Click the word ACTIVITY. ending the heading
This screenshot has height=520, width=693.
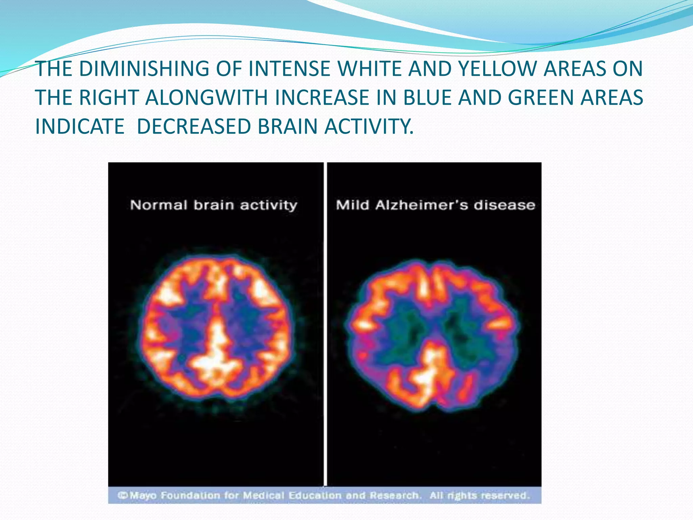(369, 126)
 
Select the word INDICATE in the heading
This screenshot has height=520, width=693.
(80, 126)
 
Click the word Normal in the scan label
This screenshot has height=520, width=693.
(158, 205)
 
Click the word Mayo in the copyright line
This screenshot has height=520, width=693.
(143, 496)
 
